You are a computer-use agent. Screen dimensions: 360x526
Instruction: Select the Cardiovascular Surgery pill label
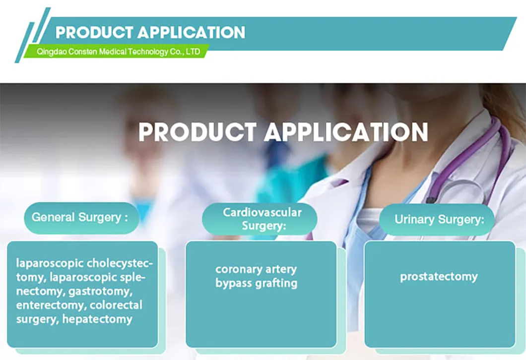tap(259, 219)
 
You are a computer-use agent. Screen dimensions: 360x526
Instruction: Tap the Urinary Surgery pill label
tap(439, 219)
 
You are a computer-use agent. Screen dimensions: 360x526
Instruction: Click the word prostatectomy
tap(439, 276)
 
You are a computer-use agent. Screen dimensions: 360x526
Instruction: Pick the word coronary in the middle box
tap(237, 270)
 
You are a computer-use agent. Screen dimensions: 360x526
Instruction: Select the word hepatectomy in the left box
tap(97, 319)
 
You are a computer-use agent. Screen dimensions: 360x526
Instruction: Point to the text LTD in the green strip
tap(193, 52)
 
